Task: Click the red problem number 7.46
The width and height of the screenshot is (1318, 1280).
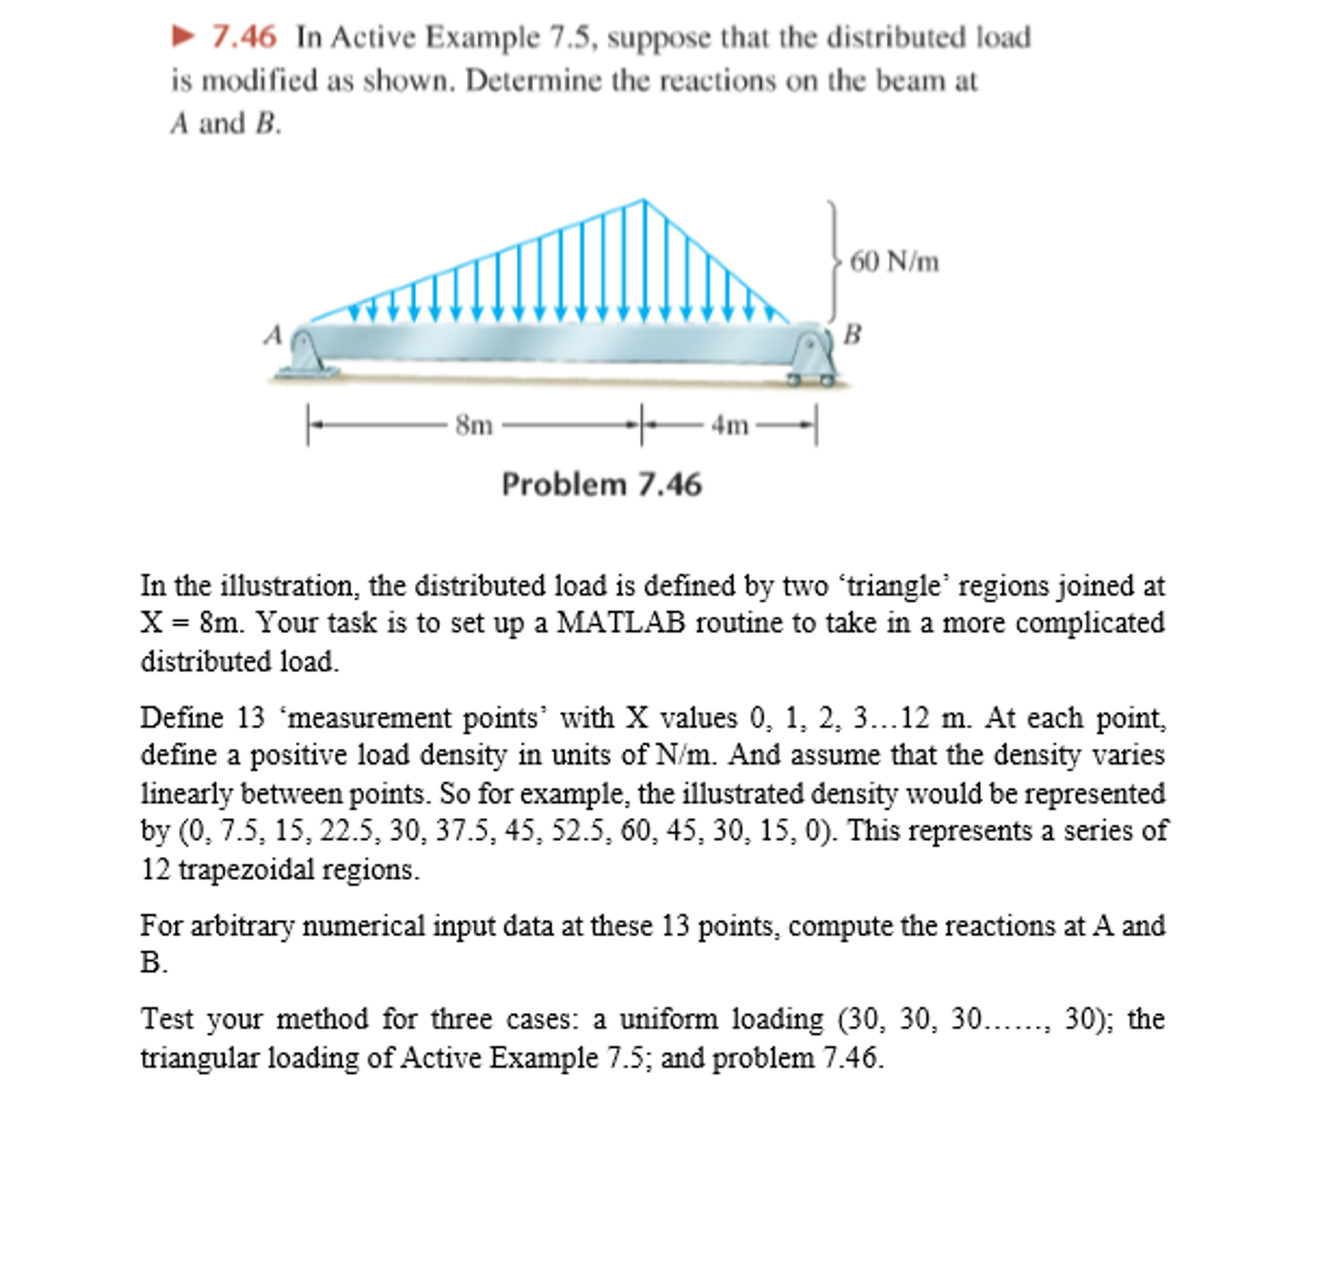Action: click(244, 36)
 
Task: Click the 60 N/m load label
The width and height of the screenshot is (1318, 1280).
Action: click(893, 262)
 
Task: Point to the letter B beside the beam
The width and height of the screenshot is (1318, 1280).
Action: click(853, 334)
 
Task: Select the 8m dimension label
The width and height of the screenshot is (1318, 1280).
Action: click(474, 425)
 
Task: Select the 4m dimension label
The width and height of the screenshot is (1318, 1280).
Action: click(730, 425)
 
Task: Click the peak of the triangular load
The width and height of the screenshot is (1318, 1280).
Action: click(644, 200)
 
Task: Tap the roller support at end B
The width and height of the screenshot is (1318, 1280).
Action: click(814, 360)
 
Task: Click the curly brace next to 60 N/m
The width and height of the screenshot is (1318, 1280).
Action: click(834, 261)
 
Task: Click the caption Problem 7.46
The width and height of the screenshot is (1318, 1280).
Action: click(601, 484)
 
